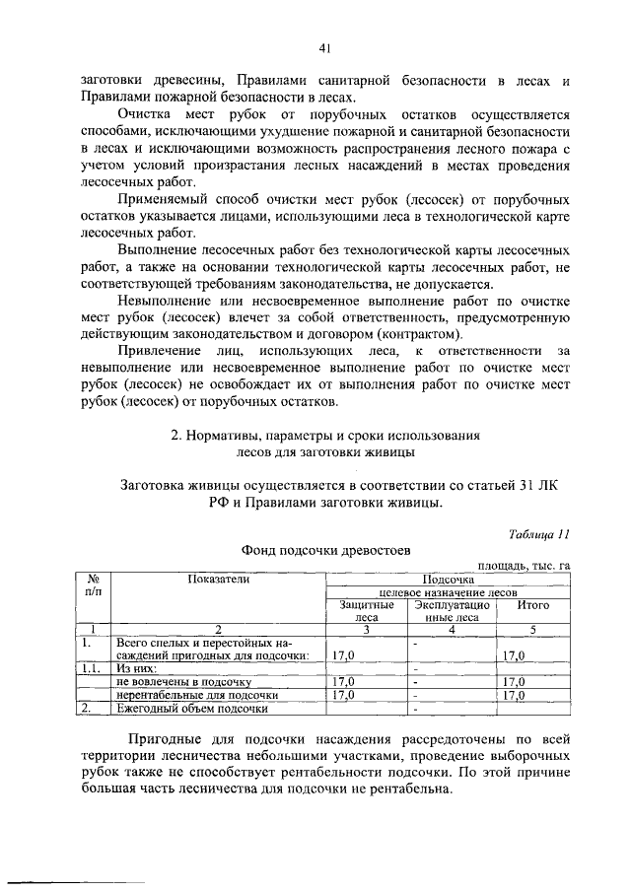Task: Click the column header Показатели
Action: point(221,580)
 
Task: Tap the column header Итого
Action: point(533,605)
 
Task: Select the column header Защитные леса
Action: point(360,611)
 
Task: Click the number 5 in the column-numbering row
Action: point(533,630)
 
